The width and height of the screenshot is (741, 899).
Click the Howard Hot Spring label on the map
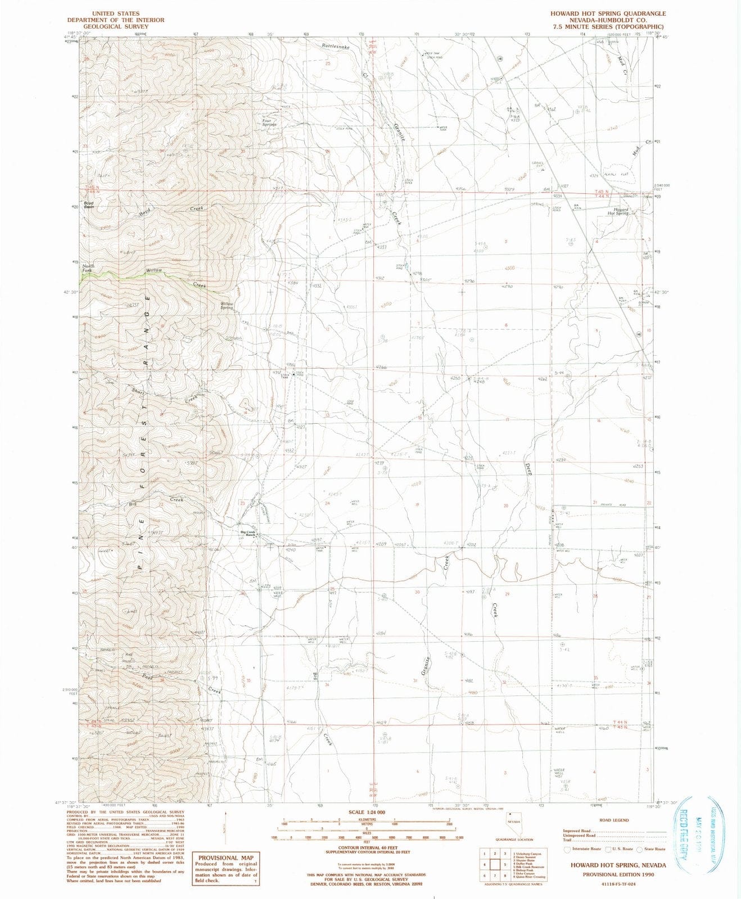coord(618,211)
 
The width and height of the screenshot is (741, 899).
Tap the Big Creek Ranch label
coord(248,533)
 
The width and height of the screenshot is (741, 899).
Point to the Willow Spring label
coord(227,306)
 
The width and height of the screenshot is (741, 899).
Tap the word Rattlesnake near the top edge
coord(336,47)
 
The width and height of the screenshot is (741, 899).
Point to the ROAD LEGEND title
coord(614,820)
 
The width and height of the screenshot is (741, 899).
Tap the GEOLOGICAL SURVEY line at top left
coord(115,26)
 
